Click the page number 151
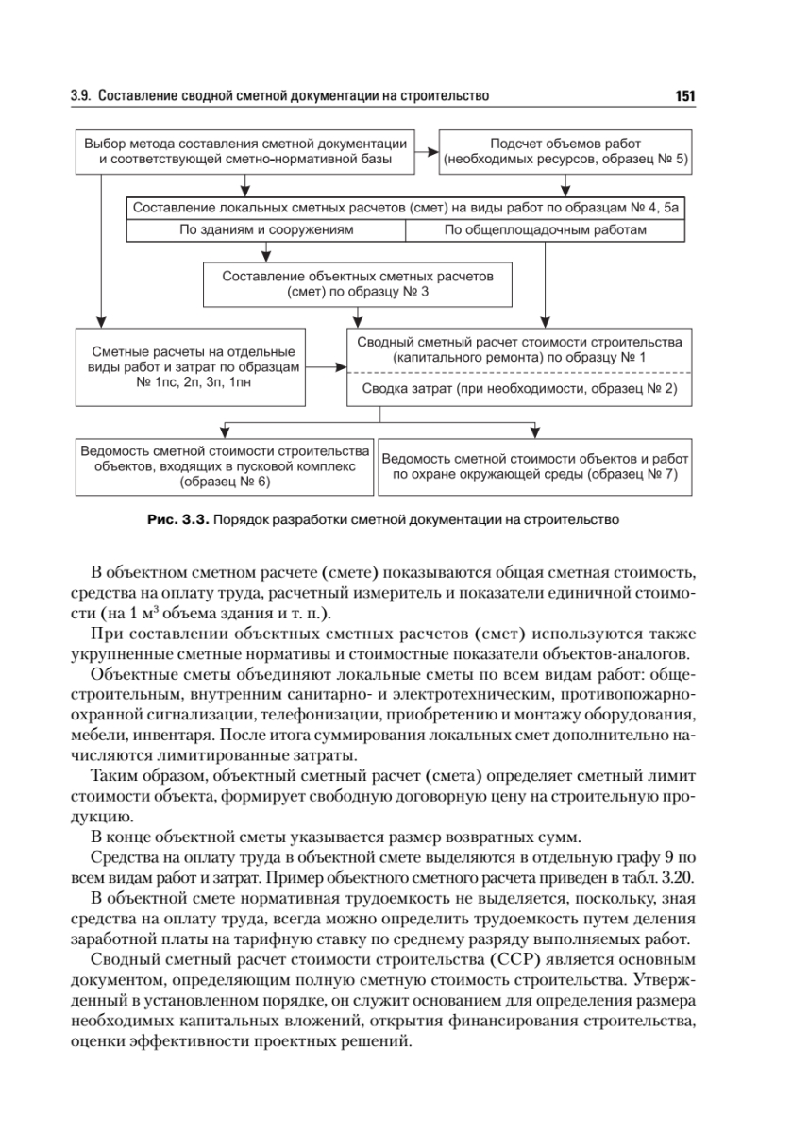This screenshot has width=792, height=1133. tap(684, 96)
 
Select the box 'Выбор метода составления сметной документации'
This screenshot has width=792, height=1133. tap(245, 151)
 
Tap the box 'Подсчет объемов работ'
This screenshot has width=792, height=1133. tap(566, 151)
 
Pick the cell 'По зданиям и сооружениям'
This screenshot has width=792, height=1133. tap(266, 229)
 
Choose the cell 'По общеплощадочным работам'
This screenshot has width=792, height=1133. tap(546, 229)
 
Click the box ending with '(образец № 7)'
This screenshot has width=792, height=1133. tap(535, 467)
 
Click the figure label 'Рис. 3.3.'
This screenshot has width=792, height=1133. tap(178, 518)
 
